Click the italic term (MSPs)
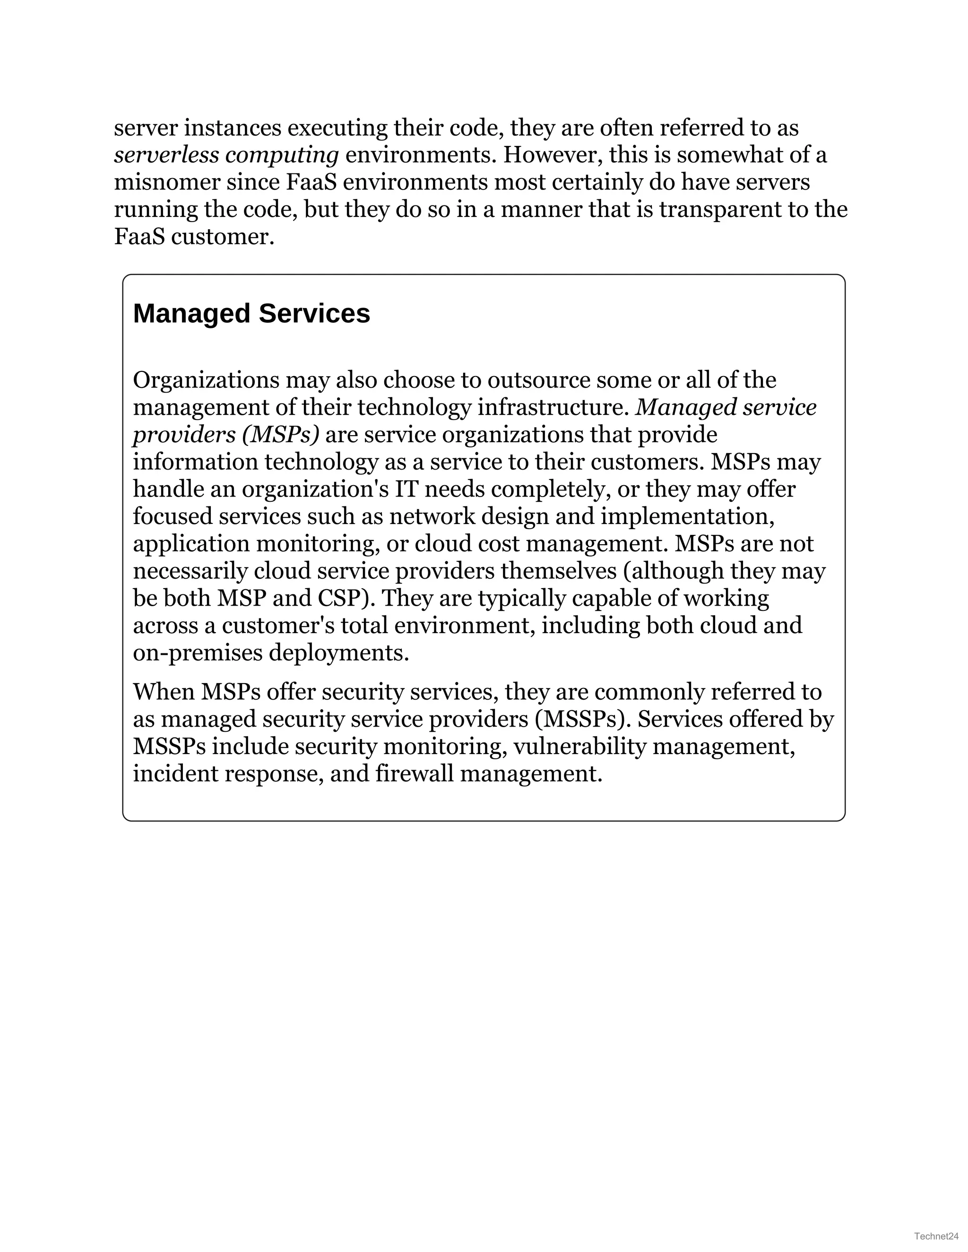[x=280, y=435]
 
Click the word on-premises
[x=198, y=653]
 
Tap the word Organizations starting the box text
[x=207, y=380]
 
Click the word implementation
[x=687, y=516]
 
